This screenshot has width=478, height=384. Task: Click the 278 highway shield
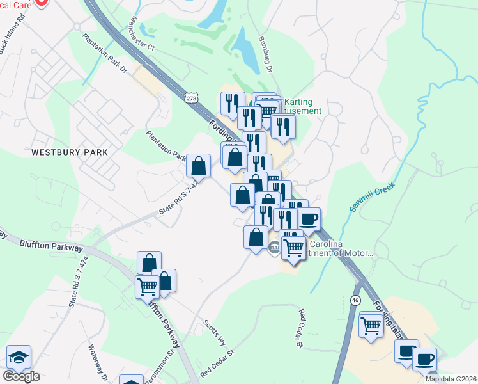(191, 98)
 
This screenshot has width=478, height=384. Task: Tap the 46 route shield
(356, 300)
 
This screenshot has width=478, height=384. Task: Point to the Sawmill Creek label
(373, 198)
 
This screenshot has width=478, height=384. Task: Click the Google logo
(21, 376)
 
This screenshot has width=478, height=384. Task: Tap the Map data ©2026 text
(451, 379)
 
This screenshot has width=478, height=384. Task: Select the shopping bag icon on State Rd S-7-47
(199, 166)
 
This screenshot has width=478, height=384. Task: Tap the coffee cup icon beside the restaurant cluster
(309, 220)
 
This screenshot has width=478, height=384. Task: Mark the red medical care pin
(41, 2)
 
